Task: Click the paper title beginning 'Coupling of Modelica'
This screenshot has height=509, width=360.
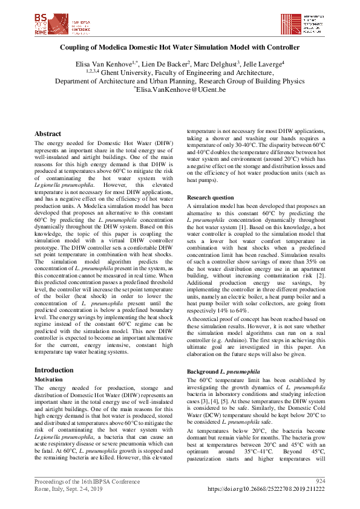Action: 180,47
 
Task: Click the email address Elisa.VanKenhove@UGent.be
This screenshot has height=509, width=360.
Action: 181,89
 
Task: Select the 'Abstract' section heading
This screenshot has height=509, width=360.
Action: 48,134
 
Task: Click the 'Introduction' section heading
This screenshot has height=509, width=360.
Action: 54,369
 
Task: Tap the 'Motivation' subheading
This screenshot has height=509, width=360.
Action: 50,379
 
